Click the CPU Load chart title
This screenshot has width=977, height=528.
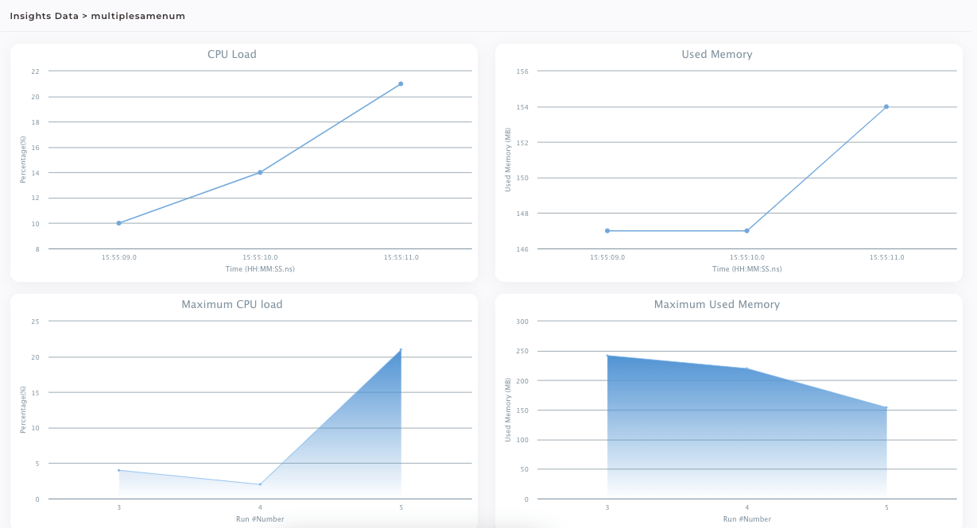coord(231,55)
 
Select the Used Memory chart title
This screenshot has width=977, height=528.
coord(716,55)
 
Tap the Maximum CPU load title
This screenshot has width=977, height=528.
coord(231,305)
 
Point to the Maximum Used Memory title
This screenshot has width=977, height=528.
coord(716,305)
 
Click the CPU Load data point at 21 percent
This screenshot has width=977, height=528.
coord(401,83)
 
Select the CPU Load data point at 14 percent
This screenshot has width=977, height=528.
coord(260,172)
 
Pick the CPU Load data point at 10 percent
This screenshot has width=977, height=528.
coord(118,223)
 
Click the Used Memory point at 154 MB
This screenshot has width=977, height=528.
coord(886,106)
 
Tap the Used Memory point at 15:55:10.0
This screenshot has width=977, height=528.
coord(746,231)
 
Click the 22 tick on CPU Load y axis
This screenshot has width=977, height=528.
coord(35,71)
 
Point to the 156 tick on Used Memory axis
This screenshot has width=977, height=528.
coord(522,71)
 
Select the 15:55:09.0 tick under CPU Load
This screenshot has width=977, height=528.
coord(118,257)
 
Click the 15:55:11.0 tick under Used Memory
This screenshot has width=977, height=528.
coord(886,257)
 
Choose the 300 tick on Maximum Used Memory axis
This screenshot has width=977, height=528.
coord(522,322)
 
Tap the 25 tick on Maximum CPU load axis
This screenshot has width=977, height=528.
coord(35,322)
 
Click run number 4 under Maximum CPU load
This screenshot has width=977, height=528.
coord(260,507)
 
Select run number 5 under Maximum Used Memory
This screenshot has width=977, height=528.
coord(886,507)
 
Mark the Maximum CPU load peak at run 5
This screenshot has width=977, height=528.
coord(401,349)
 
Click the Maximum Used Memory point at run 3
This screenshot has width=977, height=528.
coord(607,356)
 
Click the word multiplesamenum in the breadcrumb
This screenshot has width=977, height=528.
coord(138,16)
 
